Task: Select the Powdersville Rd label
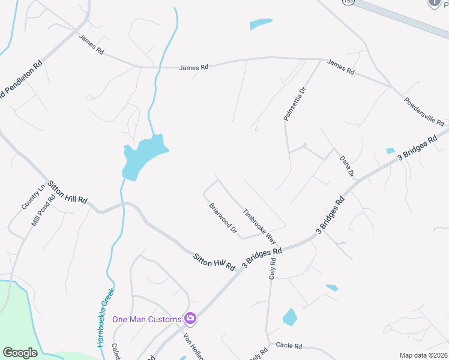pyautogui.click(x=424, y=111)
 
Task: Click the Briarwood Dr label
pyautogui.click(x=223, y=218)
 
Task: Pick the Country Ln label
pyautogui.click(x=33, y=197)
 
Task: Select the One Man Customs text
pyautogui.click(x=146, y=319)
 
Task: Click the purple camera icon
pyautogui.click(x=190, y=318)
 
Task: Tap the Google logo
pyautogui.click(x=20, y=353)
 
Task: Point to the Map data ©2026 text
pyautogui.click(x=423, y=355)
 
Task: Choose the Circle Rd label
pyautogui.click(x=289, y=346)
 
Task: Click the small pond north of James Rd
pyautogui.click(x=261, y=25)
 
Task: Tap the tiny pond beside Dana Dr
pyautogui.click(x=390, y=151)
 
